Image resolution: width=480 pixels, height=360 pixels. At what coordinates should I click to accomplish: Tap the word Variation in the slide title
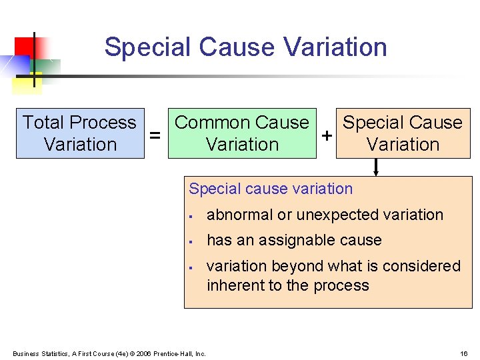[335, 47]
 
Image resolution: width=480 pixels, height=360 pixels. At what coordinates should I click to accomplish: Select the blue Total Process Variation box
[80, 133]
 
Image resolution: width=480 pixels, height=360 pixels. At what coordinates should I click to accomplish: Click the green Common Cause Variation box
[242, 133]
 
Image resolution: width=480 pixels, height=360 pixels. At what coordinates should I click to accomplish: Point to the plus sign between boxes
[327, 135]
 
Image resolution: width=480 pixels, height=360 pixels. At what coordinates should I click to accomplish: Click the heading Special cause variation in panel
[271, 189]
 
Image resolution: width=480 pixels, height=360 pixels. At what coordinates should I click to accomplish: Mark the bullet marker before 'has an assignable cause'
[191, 241]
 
